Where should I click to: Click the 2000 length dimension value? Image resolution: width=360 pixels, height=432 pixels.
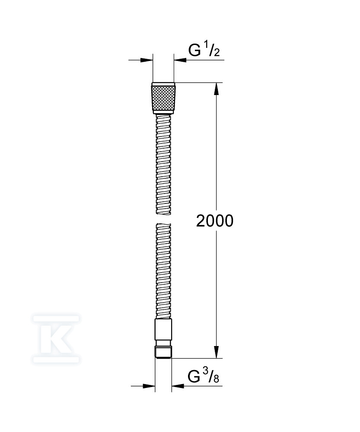click(214, 221)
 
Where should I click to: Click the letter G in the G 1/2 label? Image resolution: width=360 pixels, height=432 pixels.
click(194, 50)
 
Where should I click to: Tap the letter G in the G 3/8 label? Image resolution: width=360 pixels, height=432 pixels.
click(194, 376)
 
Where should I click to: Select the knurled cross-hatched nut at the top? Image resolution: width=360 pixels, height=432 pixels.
click(163, 98)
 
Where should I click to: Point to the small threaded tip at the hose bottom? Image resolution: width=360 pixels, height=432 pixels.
click(163, 353)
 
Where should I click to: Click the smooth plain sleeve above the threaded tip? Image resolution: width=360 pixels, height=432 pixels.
click(163, 330)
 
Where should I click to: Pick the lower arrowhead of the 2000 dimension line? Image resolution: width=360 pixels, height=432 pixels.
click(217, 352)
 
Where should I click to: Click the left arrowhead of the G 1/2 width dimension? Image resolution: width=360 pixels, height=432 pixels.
click(147, 60)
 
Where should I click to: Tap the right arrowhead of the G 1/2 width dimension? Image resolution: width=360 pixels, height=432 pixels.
click(181, 60)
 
